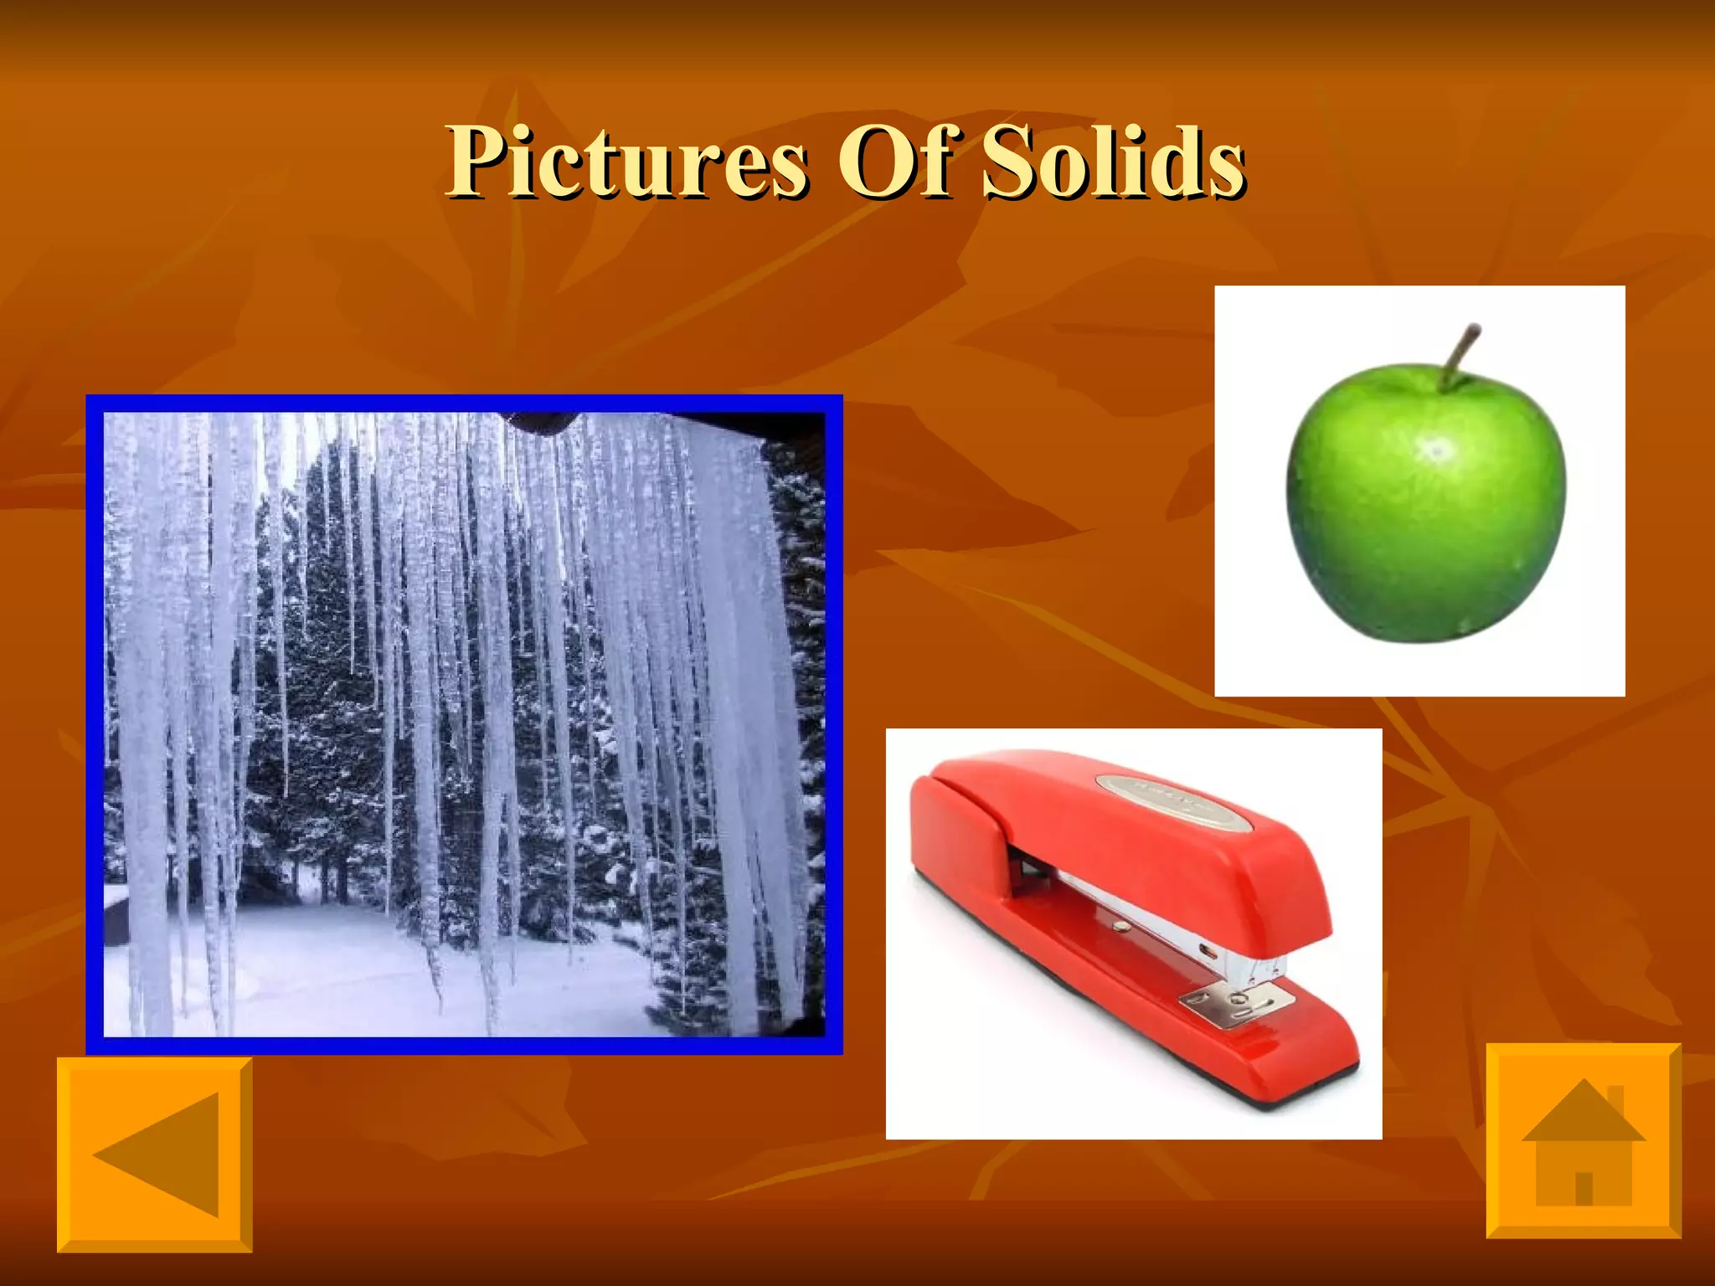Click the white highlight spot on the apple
click(1437, 450)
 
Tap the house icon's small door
click(1584, 1187)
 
